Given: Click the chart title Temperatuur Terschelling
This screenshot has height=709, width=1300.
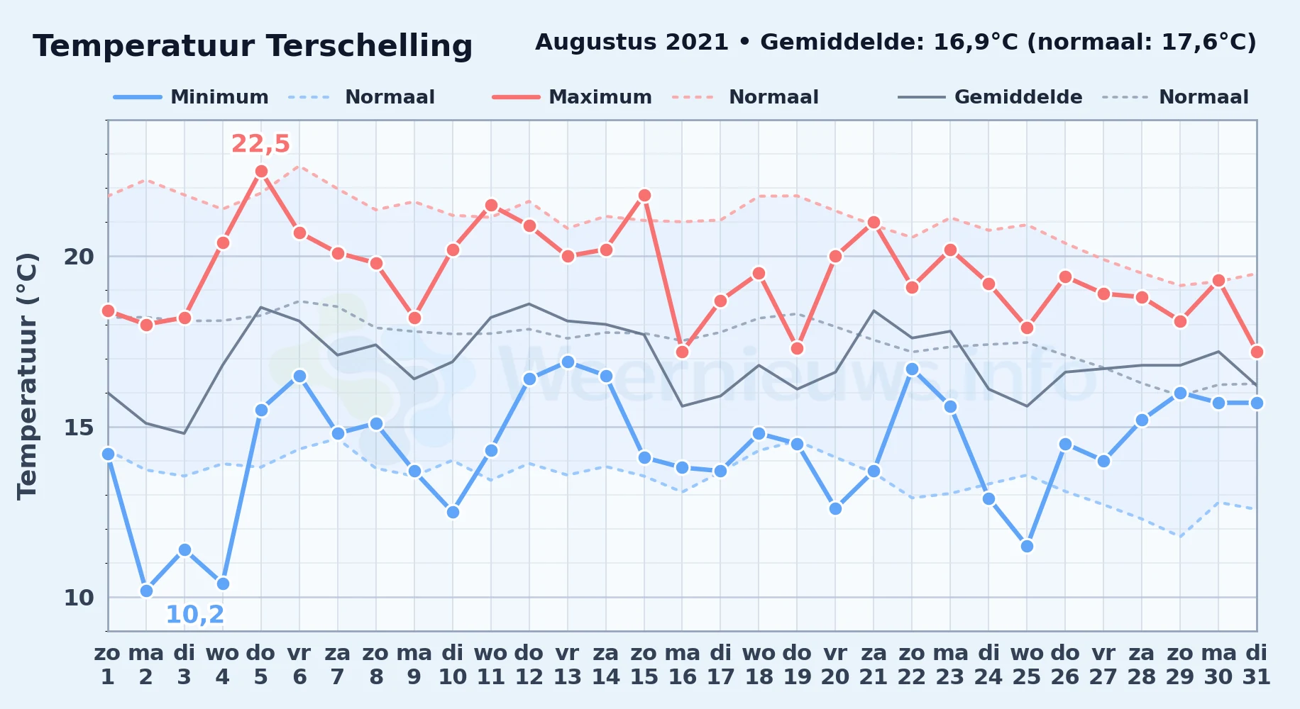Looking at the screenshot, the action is (253, 46).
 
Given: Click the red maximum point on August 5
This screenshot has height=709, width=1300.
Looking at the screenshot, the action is (261, 171).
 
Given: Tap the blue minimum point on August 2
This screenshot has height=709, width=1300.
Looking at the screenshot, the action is (146, 591).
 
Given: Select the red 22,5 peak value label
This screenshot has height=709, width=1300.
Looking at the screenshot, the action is (260, 143).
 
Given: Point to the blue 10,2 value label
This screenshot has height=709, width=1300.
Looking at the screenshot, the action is (195, 614).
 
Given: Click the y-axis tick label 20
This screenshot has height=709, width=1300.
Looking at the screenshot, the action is (79, 256).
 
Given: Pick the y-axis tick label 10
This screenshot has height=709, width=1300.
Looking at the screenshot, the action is (79, 597).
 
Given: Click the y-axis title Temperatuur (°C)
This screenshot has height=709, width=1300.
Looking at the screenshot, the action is (27, 376).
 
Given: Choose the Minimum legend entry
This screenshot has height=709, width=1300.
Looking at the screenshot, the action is (191, 97).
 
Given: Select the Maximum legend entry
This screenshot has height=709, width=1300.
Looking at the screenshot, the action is (572, 97).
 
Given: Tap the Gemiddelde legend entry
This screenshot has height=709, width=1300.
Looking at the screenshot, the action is (990, 97).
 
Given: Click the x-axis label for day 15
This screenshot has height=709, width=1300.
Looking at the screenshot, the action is (644, 664).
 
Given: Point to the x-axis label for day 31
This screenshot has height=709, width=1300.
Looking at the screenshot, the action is (1257, 664).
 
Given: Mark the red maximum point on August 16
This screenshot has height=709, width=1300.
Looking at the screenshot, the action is (683, 352).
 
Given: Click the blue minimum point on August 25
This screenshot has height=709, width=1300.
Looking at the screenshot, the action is (1027, 546).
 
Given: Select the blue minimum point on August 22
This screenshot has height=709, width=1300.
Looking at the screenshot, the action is (912, 369).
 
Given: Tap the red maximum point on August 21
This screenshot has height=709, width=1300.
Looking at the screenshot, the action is (874, 222).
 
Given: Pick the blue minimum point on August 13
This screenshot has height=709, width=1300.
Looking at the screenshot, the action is (568, 362).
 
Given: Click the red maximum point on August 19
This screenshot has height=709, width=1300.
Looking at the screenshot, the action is (797, 348).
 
